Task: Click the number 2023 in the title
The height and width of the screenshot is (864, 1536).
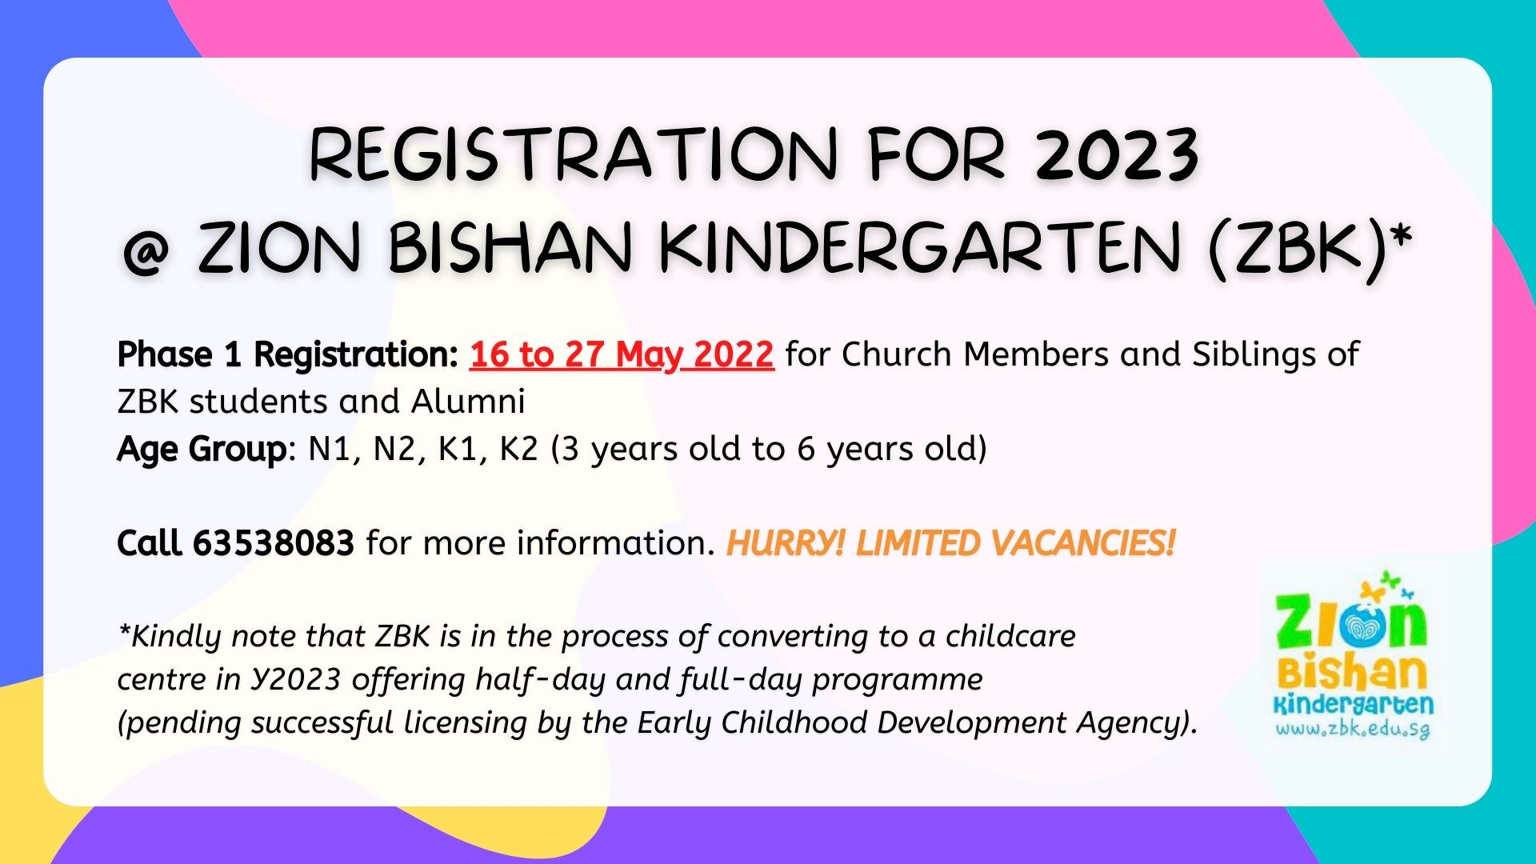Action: (1117, 154)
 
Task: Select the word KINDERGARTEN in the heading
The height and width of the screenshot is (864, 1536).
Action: (920, 246)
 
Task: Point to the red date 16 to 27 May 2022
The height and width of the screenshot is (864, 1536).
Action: (622, 354)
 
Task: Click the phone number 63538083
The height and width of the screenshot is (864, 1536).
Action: (274, 543)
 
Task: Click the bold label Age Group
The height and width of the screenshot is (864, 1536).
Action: (201, 450)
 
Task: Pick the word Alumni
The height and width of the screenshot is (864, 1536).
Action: (468, 402)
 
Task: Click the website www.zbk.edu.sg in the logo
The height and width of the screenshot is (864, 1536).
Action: (1352, 730)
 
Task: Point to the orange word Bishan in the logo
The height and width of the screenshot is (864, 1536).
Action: (1352, 674)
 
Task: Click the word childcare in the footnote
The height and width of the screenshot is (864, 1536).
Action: (1010, 636)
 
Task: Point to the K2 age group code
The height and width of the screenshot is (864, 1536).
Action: (518, 450)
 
